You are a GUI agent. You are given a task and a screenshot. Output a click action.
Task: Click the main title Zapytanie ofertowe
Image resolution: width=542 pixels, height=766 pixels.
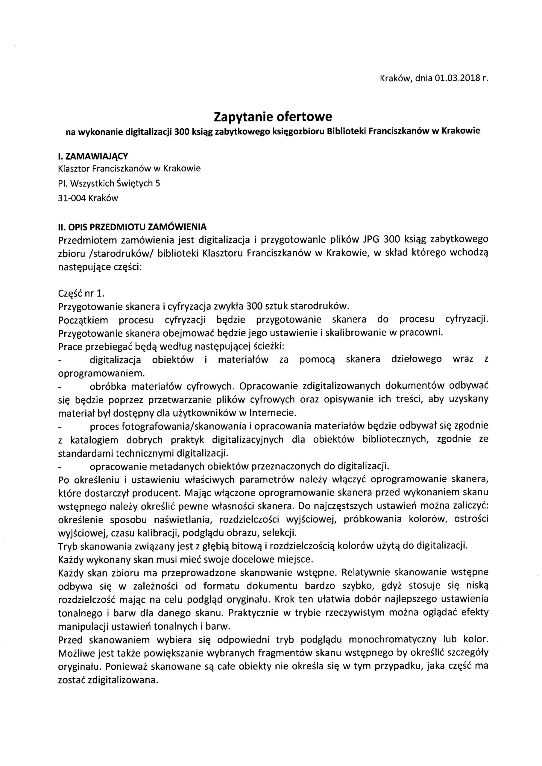pos(273,117)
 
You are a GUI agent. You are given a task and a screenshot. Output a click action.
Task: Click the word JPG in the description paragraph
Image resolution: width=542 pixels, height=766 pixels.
pos(371,240)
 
